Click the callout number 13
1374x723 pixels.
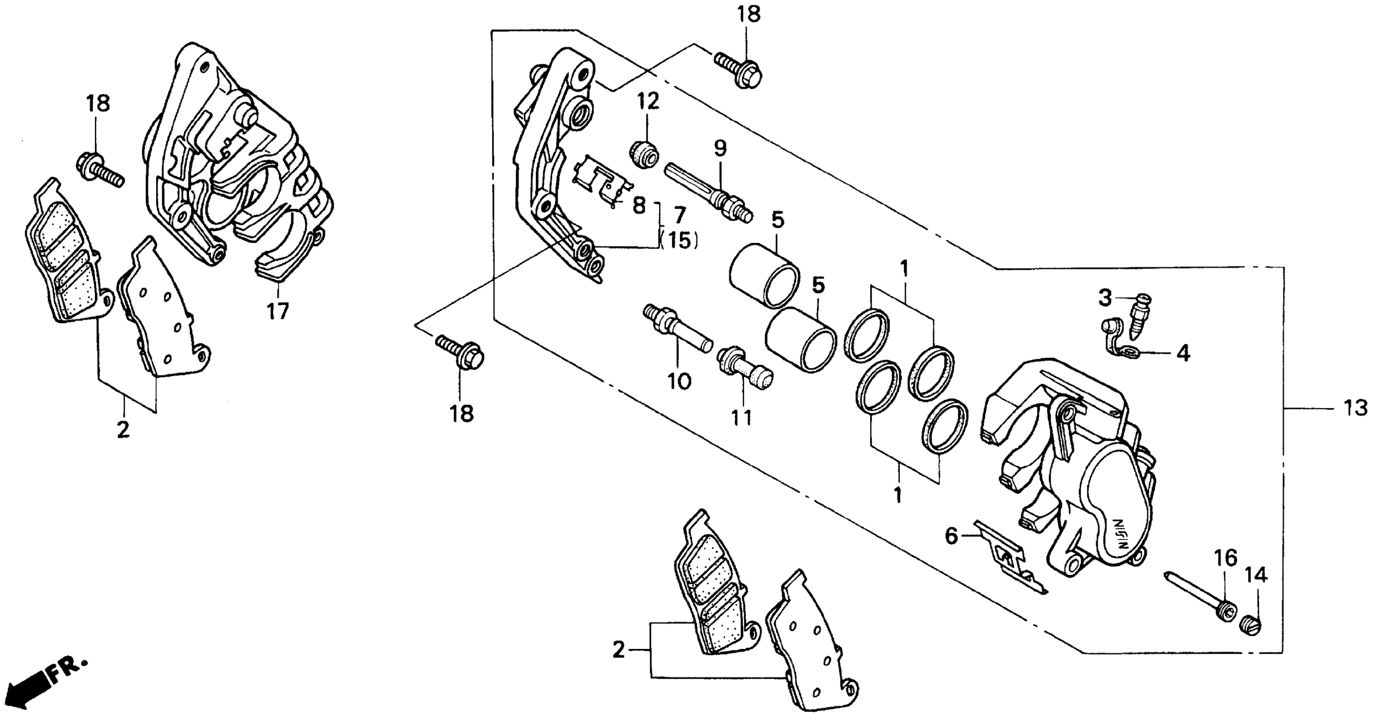(1355, 408)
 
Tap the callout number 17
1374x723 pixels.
(278, 310)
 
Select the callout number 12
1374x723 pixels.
(648, 101)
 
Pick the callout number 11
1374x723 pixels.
(741, 418)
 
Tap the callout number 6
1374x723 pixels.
(951, 536)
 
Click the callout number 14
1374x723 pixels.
(1256, 575)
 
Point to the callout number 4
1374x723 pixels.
(1183, 353)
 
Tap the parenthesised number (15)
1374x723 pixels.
(680, 241)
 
